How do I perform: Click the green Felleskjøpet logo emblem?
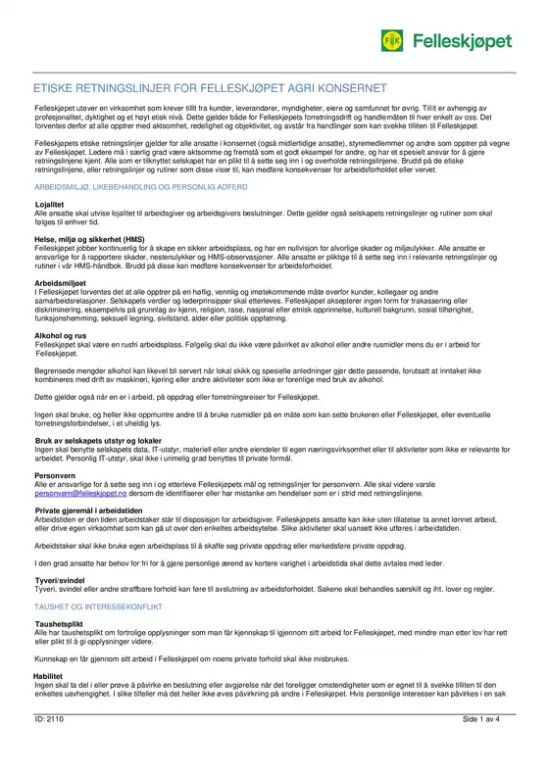392,40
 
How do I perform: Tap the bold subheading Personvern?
56,475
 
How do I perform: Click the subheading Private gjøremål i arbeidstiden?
98,511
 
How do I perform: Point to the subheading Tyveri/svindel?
62,579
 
